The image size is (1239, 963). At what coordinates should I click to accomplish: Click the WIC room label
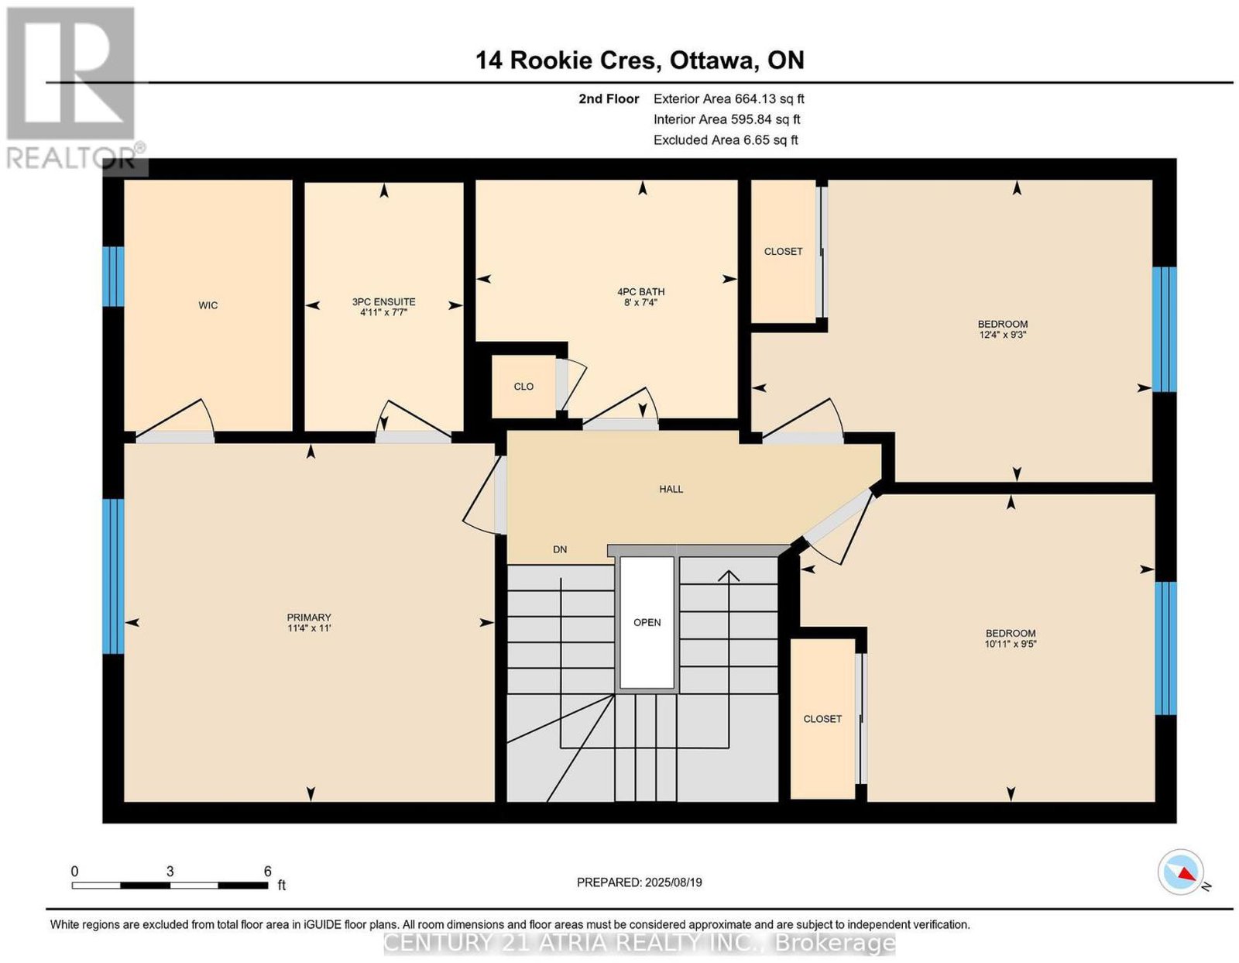[x=208, y=305]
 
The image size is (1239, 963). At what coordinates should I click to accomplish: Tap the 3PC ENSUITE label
[x=384, y=301]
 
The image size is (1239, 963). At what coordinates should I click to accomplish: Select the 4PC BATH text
[x=641, y=292]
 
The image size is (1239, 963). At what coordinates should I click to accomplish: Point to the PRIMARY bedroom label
[x=309, y=617]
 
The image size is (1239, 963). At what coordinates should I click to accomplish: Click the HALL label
[x=671, y=489]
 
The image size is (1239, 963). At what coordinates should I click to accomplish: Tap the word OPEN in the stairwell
[x=647, y=623]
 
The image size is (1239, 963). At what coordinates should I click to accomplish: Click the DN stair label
[x=560, y=549]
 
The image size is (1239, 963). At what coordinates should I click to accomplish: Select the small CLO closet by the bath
[x=523, y=387]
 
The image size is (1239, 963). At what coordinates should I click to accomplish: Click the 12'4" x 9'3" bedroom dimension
[x=1002, y=335]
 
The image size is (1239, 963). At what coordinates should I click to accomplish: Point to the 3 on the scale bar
[x=170, y=872]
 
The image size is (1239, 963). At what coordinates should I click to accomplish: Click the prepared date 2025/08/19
[x=674, y=882]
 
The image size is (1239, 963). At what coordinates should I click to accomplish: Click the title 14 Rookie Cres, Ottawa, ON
[x=640, y=60]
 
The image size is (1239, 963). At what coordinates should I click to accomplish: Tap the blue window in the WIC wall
[x=113, y=277]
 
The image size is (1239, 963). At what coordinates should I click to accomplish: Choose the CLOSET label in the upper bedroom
[x=783, y=252]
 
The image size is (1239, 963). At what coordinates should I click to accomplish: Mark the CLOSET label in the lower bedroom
[x=822, y=719]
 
